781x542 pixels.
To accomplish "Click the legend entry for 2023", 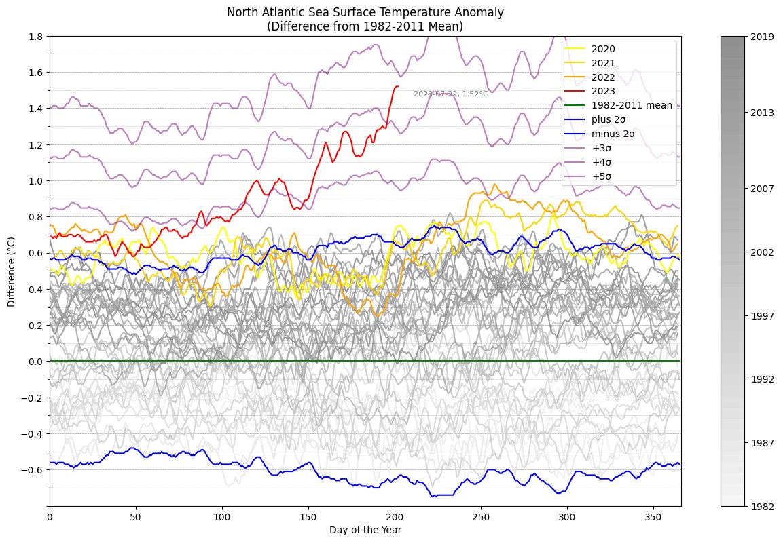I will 603,91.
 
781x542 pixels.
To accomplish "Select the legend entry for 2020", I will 603,49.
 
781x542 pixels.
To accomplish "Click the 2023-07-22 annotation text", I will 450,94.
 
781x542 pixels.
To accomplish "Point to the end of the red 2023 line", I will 398,86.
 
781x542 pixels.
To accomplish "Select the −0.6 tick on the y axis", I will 35,469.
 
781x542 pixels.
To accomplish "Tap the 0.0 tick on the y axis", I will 37,362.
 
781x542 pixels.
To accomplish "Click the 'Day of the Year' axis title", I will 365,530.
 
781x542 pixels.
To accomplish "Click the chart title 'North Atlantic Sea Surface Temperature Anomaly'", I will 365,12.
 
